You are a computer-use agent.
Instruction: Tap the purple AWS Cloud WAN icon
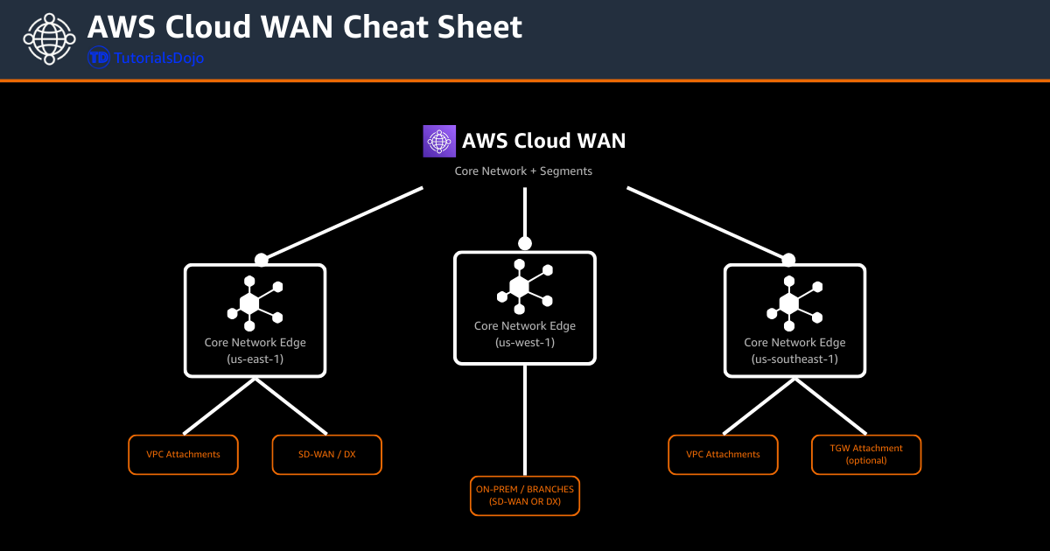[439, 141]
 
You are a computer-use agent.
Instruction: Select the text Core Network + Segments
[523, 171]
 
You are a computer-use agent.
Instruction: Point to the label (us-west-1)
[525, 342]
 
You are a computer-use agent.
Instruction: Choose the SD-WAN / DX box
[326, 455]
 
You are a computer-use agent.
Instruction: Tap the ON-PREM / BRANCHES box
[525, 496]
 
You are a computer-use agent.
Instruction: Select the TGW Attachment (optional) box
[865, 455]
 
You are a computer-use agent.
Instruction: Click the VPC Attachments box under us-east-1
[183, 455]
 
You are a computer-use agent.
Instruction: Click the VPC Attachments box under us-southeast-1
[723, 455]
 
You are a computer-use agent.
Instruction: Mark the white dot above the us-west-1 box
[525, 243]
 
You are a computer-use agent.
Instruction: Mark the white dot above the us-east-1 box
[261, 260]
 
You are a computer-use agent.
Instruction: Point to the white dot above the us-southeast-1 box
[788, 260]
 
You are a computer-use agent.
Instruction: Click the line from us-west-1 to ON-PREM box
[525, 420]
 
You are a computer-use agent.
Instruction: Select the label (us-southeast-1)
[794, 359]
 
